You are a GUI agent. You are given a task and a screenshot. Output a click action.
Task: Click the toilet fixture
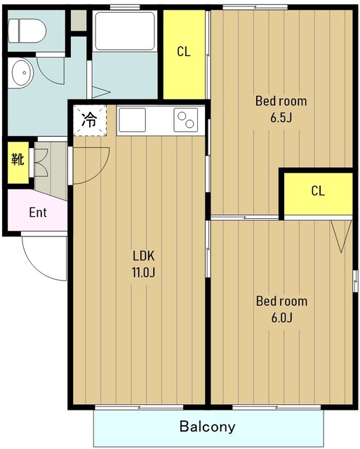pos(27,31)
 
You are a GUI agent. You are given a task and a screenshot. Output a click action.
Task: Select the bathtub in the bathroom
pos(125,31)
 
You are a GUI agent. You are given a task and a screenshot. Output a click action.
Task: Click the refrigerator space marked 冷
pos(90,120)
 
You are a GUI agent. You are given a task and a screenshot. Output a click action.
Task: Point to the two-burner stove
pos(185,120)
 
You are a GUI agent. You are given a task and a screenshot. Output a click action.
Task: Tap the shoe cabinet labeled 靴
pos(18,162)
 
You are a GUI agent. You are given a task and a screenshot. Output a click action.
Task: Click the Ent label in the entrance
pos(38,213)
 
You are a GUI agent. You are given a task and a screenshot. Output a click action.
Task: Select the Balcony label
pos(207,427)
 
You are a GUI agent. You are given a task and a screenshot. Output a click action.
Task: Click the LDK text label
pos(143,255)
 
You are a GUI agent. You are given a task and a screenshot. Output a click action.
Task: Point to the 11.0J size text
pos(143,272)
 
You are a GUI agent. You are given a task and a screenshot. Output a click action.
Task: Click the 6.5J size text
pos(281,118)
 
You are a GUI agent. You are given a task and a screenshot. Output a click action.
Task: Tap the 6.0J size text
pos(282,318)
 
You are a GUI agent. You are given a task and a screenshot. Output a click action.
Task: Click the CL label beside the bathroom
pos(184,52)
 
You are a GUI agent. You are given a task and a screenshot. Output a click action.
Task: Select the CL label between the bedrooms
pos(318,191)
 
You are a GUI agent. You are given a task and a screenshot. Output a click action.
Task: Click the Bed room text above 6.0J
pos(282,301)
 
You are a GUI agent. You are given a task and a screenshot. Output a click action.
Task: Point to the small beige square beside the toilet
pos(79,20)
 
